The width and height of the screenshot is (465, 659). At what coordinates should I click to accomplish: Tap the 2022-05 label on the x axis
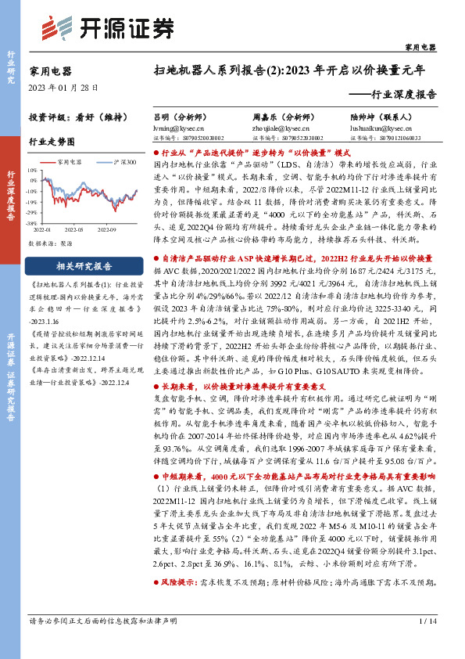(75, 229)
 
